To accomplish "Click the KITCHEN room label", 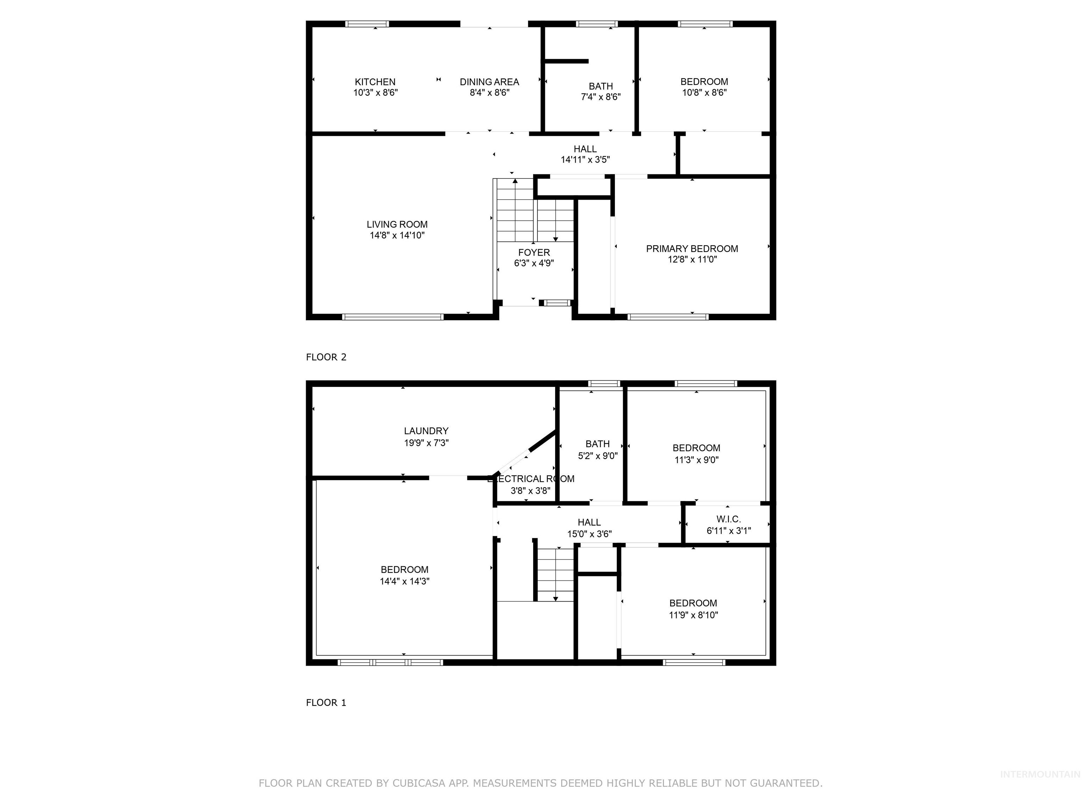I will coord(375,82).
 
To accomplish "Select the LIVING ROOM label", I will coord(397,224).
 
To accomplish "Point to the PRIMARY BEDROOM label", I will coord(692,249).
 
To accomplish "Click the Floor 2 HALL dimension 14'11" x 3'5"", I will coord(585,160).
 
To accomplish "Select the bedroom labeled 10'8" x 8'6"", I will coord(704,87).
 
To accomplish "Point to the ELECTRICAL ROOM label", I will coord(531,479).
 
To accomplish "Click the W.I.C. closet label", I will coord(728,519).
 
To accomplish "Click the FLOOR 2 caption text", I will coord(326,357).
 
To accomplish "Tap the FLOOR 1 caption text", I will coord(326,703).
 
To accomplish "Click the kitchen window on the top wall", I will coord(367,24).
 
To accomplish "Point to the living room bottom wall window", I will coord(392,317).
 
